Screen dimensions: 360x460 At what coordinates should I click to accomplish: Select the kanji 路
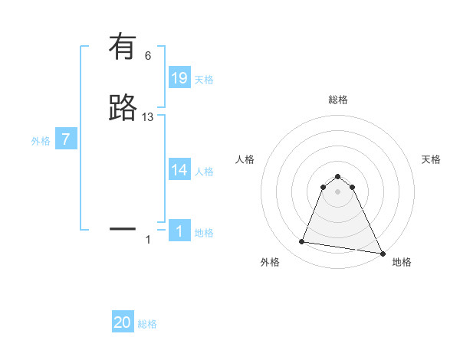123,108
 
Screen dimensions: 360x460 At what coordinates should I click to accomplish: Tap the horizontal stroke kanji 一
123,228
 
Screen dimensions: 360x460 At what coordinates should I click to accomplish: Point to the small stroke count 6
148,56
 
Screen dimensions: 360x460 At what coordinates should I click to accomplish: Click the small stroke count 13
148,117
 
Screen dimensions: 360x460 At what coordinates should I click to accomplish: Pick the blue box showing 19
179,77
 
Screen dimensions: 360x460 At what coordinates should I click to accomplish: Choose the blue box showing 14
179,170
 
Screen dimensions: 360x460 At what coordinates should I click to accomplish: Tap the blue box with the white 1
179,231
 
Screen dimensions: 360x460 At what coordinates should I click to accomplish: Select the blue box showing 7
66,139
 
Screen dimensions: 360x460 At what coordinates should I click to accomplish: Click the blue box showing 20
123,322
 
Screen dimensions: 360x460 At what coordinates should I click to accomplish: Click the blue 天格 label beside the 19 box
204,79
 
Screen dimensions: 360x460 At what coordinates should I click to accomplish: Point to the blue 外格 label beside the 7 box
40,141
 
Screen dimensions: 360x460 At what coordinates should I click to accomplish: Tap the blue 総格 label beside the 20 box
147,324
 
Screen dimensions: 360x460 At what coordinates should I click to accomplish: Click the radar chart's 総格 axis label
338,100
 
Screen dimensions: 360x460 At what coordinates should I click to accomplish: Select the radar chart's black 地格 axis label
402,262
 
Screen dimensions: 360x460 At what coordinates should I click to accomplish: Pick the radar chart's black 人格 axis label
245,159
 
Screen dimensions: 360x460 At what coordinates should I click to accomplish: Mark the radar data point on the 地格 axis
383,253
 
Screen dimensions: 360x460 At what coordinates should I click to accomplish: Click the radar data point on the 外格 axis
302,242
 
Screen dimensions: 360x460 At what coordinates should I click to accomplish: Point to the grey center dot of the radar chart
338,192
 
